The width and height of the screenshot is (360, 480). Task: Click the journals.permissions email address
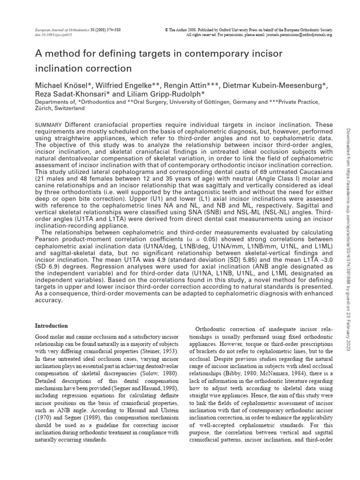point(293,35)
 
